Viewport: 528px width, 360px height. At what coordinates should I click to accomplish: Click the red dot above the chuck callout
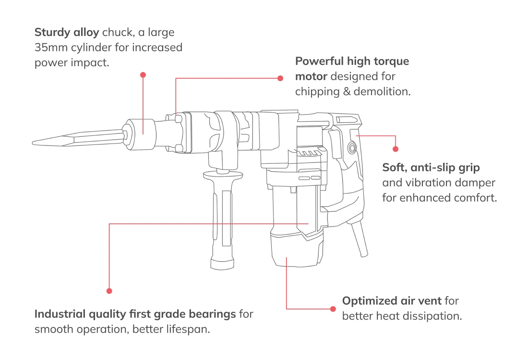[143, 75]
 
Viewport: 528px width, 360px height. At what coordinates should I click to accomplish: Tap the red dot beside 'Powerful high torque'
[281, 78]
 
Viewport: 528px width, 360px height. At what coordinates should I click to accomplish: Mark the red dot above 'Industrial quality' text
[109, 291]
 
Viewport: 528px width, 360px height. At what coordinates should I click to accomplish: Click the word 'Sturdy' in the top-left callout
[50, 33]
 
